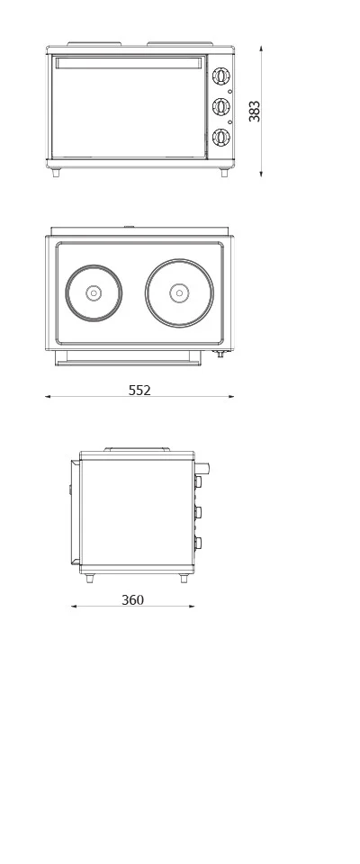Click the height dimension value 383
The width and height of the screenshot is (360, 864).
tap(255, 111)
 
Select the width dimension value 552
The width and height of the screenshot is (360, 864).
tap(139, 390)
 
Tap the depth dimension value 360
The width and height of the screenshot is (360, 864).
tap(132, 599)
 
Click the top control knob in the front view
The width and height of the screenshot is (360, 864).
tap(220, 77)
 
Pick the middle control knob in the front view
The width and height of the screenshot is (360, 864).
tap(220, 107)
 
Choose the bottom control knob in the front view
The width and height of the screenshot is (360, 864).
tap(220, 137)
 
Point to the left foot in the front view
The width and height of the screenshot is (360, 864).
tap(56, 173)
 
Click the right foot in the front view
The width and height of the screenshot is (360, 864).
tap(224, 173)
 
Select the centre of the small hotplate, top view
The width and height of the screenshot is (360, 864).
tap(94, 292)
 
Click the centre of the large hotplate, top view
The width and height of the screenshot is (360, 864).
tap(179, 292)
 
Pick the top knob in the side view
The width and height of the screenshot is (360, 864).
tap(198, 481)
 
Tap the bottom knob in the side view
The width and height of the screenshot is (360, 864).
tap(198, 543)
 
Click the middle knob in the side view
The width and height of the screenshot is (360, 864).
tap(198, 512)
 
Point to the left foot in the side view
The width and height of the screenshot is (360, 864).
tap(89, 579)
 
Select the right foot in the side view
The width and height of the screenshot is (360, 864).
tap(184, 579)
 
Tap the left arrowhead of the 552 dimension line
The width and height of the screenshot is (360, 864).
tap(48, 396)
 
